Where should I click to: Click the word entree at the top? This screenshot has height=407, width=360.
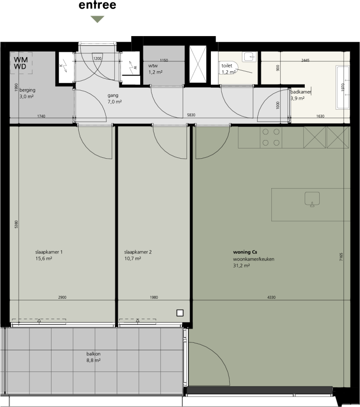pyautogui.click(x=97, y=6)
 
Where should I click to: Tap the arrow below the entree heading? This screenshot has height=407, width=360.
pyautogui.click(x=97, y=19)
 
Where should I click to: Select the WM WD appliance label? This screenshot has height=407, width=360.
pyautogui.click(x=21, y=63)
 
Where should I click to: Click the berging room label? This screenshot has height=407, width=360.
pyautogui.click(x=27, y=90)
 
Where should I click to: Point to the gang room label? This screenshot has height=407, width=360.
pyautogui.click(x=113, y=95)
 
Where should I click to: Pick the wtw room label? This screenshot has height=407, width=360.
pyautogui.click(x=153, y=66)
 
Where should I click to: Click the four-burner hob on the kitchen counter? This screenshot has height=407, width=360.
pyautogui.click(x=271, y=137)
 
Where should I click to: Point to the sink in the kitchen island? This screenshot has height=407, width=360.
pyautogui.click(x=312, y=199)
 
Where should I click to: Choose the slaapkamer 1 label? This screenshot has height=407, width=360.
pyautogui.click(x=49, y=252)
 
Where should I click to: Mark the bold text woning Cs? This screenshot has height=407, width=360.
pyautogui.click(x=245, y=252)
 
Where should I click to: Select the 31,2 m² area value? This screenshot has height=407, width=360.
pyautogui.click(x=241, y=266)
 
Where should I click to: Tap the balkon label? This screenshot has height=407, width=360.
pyautogui.click(x=94, y=354)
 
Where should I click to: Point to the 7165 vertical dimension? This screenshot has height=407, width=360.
pyautogui.click(x=342, y=257)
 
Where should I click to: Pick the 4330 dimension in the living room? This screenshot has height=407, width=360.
pyautogui.click(x=271, y=298)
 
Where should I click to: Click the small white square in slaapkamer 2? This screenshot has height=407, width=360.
pyautogui.click(x=180, y=313)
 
